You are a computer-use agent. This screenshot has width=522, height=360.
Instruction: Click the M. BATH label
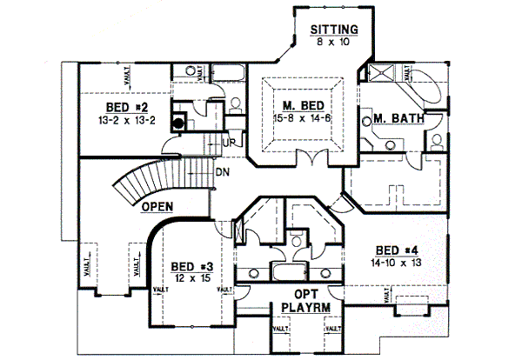point(391,118)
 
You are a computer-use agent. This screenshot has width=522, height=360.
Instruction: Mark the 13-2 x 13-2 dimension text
point(124,119)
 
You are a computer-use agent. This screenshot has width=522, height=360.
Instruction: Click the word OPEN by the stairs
point(157,207)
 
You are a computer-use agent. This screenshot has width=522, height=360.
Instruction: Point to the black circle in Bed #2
point(177,123)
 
